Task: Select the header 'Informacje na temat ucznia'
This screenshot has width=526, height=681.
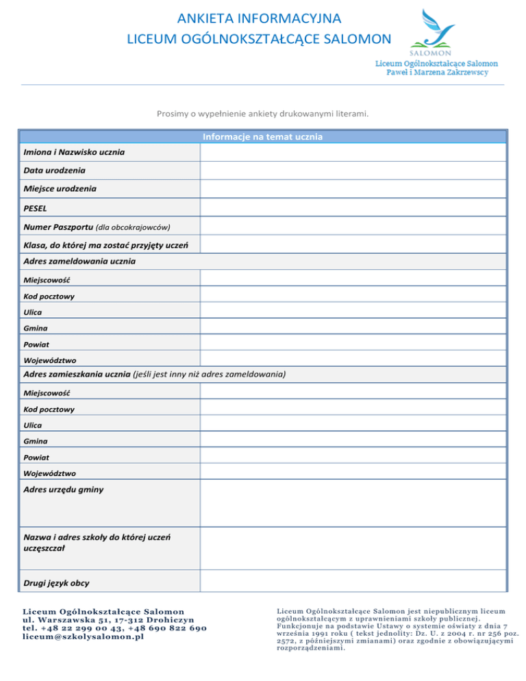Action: pos(263,136)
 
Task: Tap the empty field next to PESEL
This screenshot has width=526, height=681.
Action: pos(353,207)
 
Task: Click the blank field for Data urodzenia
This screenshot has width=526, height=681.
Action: pos(353,170)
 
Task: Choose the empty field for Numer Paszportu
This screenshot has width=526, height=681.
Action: pos(353,225)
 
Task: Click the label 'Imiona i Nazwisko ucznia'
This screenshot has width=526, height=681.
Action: pos(74,151)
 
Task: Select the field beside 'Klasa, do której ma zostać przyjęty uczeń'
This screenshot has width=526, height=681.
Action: pos(353,244)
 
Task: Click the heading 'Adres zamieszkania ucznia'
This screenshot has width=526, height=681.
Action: pos(77,374)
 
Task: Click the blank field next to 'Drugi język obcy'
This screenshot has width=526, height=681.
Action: pos(353,580)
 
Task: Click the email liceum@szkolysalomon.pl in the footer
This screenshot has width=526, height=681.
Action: pos(85,636)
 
